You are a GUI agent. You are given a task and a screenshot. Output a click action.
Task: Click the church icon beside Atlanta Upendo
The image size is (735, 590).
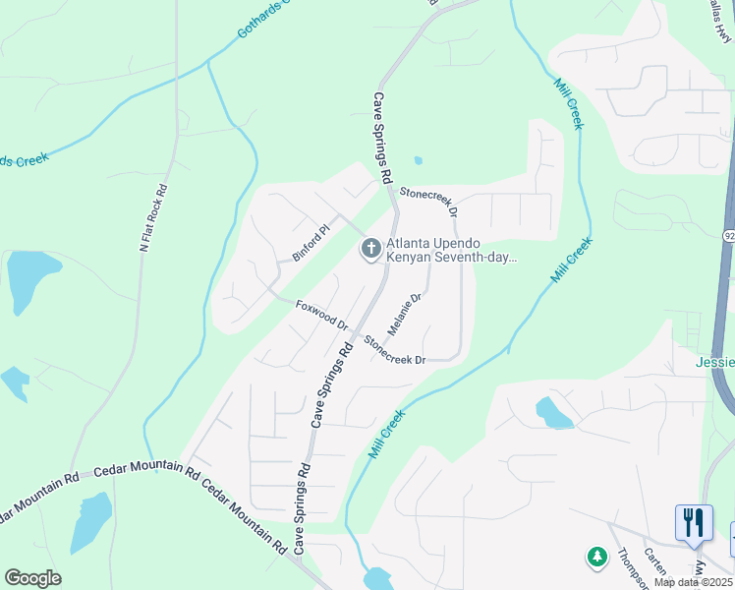tap(370, 249)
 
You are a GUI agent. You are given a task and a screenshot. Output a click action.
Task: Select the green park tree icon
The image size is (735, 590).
tap(596, 558)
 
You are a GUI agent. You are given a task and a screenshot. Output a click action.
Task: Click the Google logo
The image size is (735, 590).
tap(32, 578)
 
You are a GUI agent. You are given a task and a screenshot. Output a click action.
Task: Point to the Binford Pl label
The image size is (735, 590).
tap(312, 242)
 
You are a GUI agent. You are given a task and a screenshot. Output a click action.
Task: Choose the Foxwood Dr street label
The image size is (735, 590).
tap(321, 315)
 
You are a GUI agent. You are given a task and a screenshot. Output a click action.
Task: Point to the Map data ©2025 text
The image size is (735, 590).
tap(693, 582)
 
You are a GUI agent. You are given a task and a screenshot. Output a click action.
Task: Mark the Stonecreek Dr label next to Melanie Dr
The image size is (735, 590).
tap(395, 350)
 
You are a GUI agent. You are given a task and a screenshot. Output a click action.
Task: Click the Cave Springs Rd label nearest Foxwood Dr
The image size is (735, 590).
tap(333, 384)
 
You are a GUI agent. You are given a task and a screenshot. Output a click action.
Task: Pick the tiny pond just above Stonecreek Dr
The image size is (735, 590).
tap(419, 160)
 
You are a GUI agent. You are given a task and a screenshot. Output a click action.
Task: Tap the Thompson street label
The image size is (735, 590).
tap(626, 564)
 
